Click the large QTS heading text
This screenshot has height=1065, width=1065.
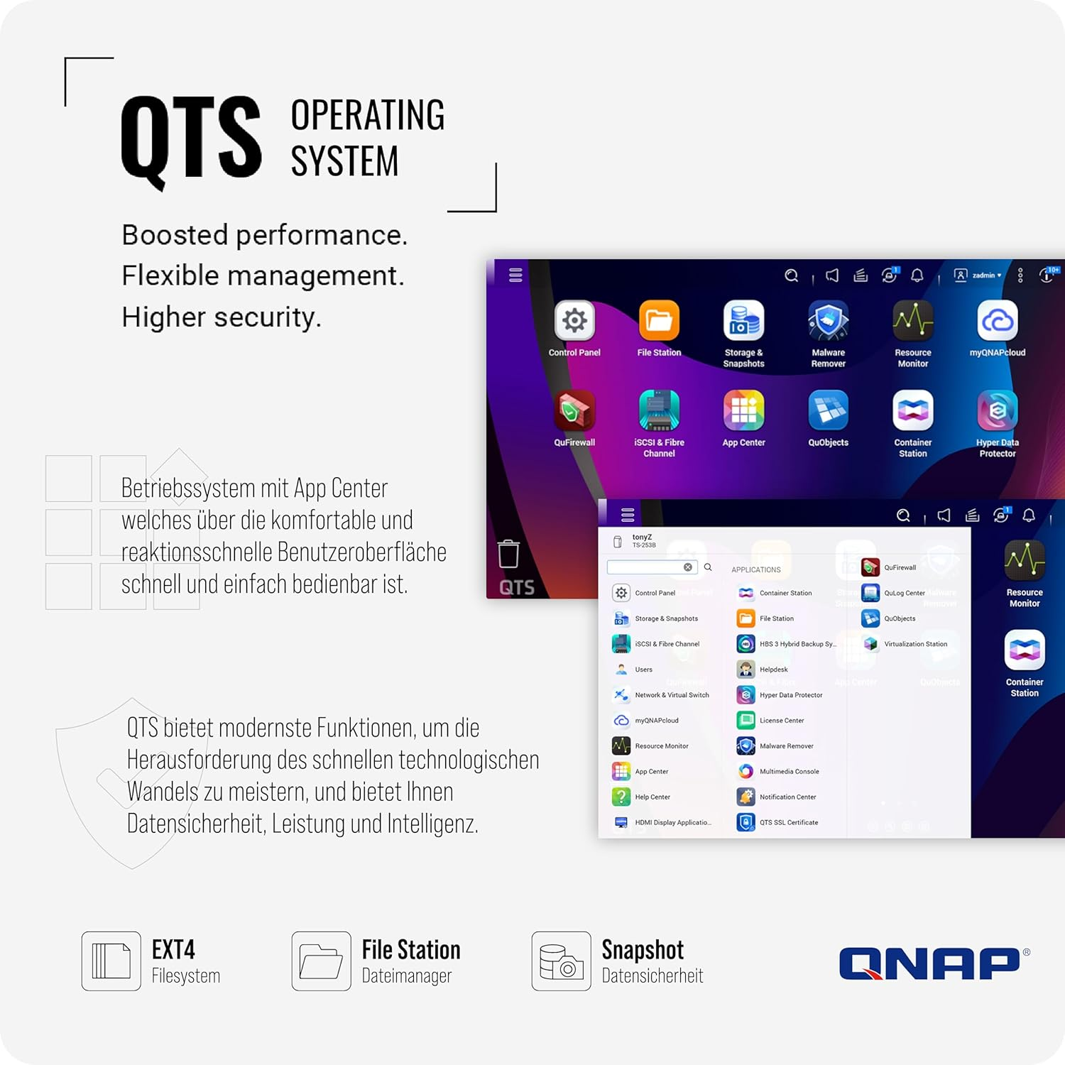click(191, 138)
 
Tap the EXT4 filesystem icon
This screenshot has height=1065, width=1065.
click(111, 961)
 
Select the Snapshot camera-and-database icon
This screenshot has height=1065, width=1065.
click(561, 961)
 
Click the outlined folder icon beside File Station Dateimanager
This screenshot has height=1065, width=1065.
click(321, 961)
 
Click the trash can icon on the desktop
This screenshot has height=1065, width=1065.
click(508, 554)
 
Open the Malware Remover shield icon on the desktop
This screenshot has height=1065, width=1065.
click(828, 322)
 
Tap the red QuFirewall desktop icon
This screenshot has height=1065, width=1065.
click(574, 410)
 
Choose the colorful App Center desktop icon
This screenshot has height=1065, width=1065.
click(743, 410)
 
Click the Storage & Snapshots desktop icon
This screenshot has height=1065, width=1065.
click(743, 322)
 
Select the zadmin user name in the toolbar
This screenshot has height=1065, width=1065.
click(984, 275)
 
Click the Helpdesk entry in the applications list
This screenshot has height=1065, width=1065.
click(773, 670)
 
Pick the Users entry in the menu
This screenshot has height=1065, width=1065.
click(643, 670)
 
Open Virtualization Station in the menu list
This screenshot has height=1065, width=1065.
click(915, 644)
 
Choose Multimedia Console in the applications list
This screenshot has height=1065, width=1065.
click(789, 772)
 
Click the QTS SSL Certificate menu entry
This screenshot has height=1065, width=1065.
click(788, 823)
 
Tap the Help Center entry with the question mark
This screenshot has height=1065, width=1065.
click(652, 797)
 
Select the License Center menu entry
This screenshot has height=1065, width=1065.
click(781, 721)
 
